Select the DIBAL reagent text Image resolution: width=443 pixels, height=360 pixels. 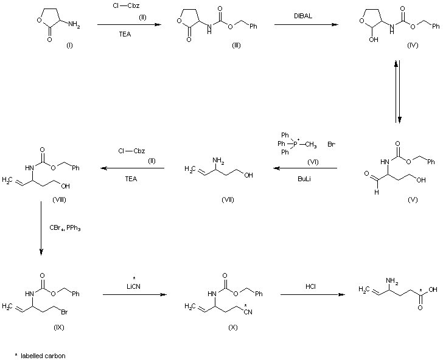click(305, 15)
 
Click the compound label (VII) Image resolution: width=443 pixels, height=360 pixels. click(228, 199)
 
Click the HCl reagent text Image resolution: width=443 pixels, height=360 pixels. click(310, 286)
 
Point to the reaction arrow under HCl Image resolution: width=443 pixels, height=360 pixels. click(310, 295)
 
